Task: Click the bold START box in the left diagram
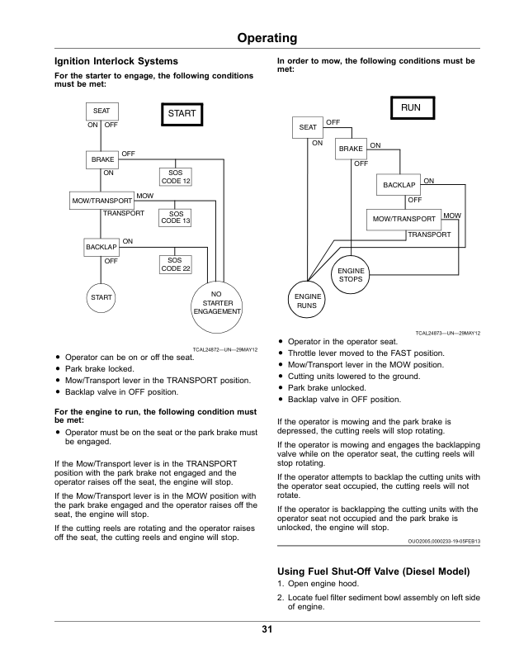click(182, 114)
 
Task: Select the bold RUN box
click(413, 108)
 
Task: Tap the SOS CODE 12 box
click(176, 177)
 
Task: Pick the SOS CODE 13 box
click(175, 217)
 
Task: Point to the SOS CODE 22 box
click(176, 264)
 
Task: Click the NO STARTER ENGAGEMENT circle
click(217, 307)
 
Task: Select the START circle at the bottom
click(101, 297)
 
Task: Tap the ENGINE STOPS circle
click(351, 275)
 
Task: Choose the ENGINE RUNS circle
click(308, 300)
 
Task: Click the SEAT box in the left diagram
click(102, 111)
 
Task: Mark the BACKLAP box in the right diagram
click(399, 185)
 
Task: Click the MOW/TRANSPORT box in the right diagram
click(404, 220)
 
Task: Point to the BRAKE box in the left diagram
click(102, 159)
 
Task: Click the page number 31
click(267, 629)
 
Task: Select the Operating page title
click(267, 38)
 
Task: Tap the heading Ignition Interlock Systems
click(116, 61)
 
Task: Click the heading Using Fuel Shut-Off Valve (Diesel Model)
click(373, 571)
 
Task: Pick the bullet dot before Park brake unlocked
click(281, 388)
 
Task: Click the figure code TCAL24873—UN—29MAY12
click(447, 334)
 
